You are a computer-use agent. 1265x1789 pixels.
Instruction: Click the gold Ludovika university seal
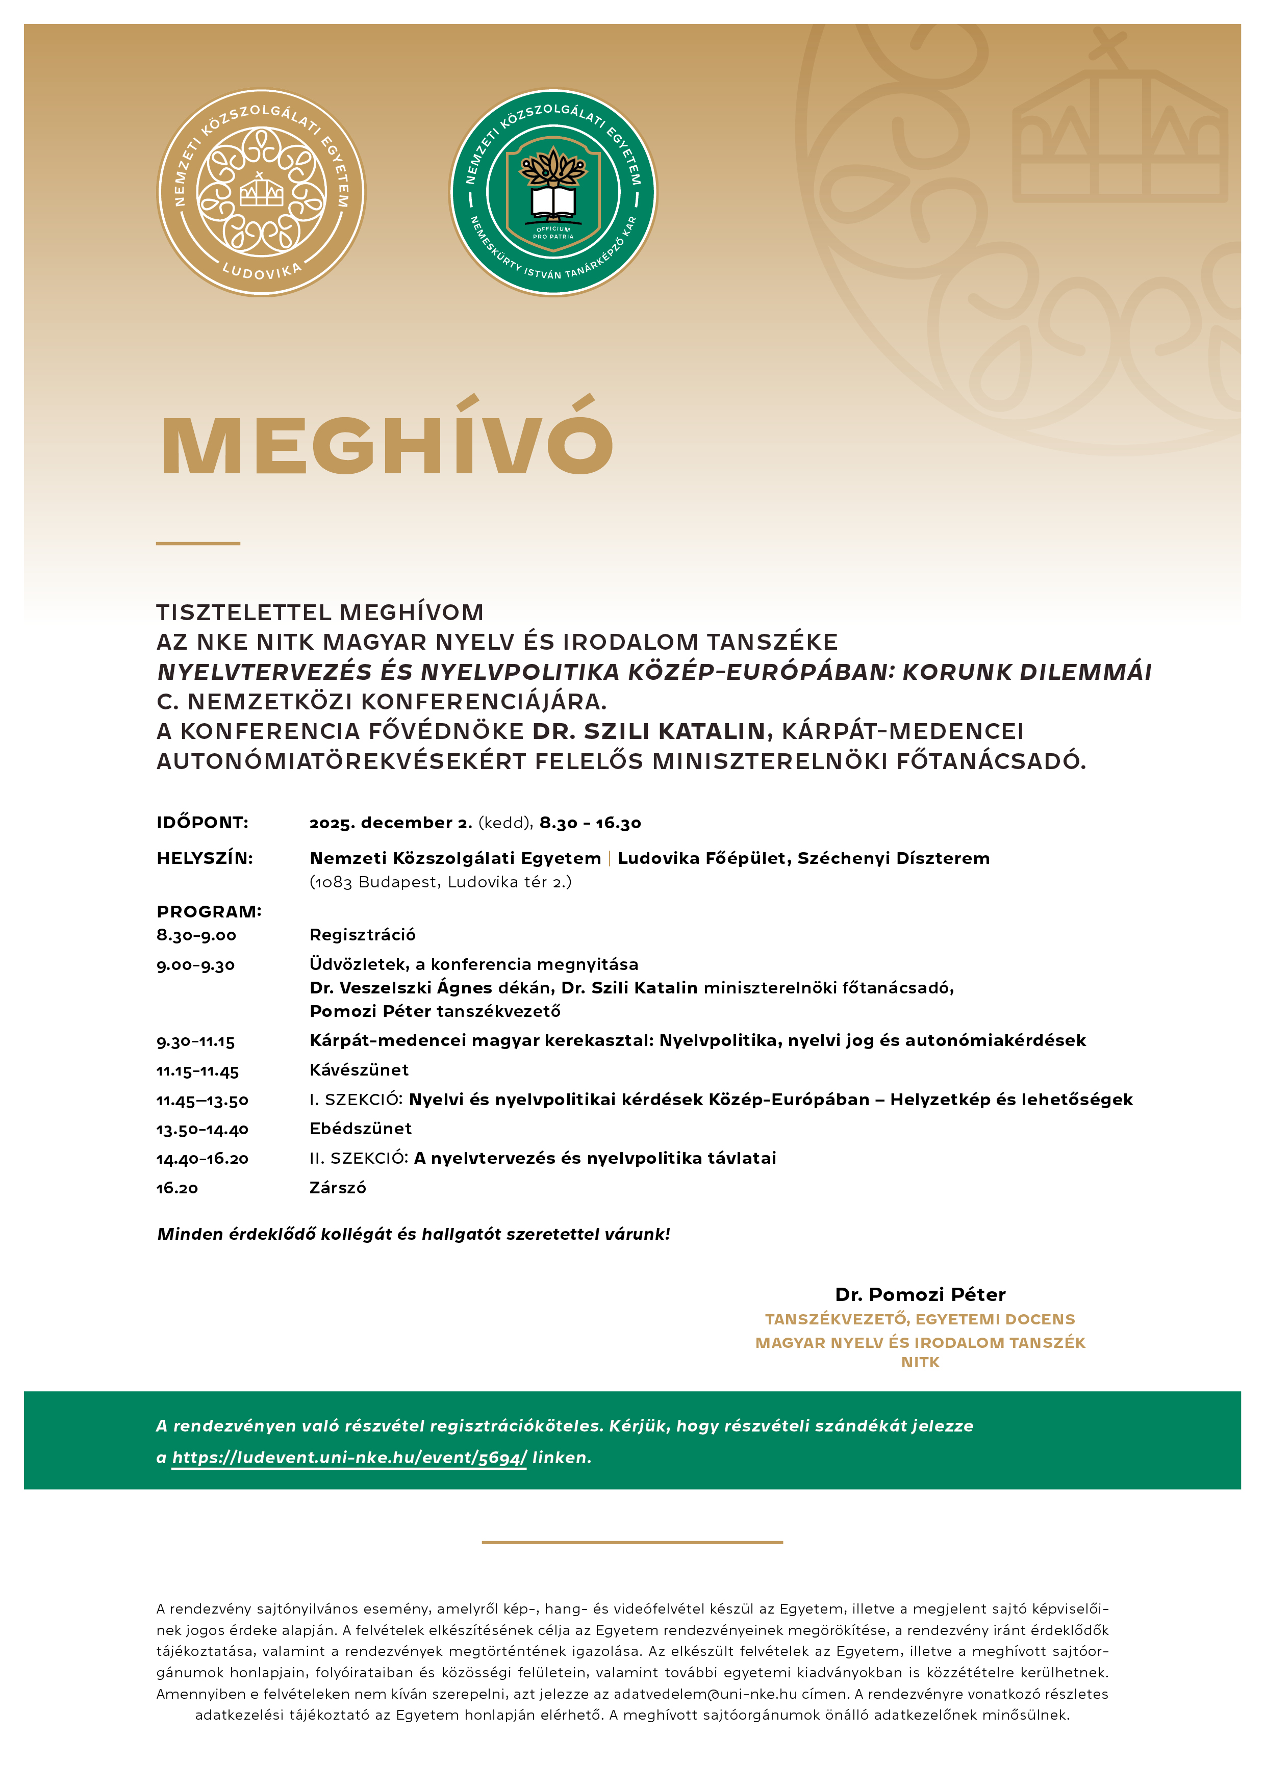pos(261,192)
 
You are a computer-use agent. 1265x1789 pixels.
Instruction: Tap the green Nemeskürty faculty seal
pos(552,192)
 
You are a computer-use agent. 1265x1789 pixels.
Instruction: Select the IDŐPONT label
pos(203,823)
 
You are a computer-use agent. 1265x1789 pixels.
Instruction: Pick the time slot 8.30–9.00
pos(196,935)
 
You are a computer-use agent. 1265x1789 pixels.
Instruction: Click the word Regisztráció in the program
pos(363,935)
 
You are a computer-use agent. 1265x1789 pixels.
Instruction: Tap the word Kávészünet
pos(359,1070)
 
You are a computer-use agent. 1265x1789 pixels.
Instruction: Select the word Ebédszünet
pos(360,1128)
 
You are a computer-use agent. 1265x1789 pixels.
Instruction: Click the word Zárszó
pos(338,1187)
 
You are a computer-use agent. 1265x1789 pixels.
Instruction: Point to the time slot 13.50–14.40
pos(203,1130)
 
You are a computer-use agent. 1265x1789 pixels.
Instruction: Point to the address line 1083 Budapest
pos(440,882)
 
